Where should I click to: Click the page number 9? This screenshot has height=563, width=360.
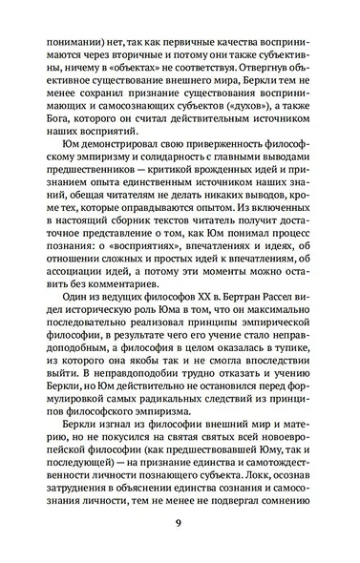coord(180,523)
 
